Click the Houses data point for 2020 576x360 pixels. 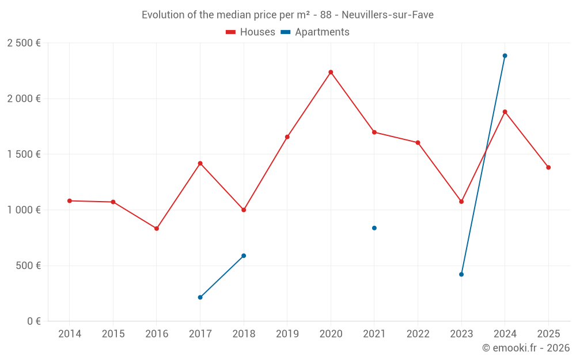click(331, 72)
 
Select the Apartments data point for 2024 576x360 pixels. click(505, 56)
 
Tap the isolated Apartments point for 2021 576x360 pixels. click(374, 228)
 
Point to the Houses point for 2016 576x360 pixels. click(157, 229)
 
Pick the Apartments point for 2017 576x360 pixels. click(200, 297)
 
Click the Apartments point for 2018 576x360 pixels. click(244, 256)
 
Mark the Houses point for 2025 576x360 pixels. click(548, 168)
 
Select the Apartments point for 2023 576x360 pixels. click(461, 274)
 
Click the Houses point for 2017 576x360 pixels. click(200, 164)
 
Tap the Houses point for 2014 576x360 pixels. click(70, 201)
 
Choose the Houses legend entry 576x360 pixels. click(251, 32)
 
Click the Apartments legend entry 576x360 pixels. click(315, 32)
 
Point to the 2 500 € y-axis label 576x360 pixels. click(24, 43)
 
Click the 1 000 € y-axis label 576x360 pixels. click(24, 210)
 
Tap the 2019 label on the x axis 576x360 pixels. click(287, 334)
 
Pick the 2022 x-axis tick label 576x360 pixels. click(418, 334)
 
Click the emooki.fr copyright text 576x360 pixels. click(526, 348)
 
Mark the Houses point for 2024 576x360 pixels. click(505, 112)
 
